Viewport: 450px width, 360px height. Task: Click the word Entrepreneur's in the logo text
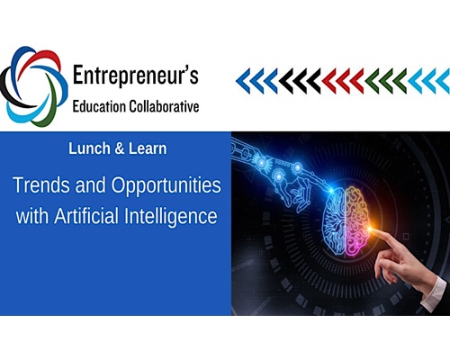pos(136,76)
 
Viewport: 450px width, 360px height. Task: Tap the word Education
pos(99,107)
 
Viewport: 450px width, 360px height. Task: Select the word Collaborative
pos(164,107)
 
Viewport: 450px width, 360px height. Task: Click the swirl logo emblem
pos(33,86)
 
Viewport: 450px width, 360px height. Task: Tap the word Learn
pos(148,148)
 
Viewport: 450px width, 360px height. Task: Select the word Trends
pos(42,184)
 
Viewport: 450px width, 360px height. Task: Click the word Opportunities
pos(166,186)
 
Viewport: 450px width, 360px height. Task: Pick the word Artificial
pos(86,216)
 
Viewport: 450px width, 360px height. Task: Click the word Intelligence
pos(171,217)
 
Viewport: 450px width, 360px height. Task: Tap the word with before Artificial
pos(32,216)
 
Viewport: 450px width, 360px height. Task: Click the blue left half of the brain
pos(335,221)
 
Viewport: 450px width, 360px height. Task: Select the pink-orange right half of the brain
pos(358,221)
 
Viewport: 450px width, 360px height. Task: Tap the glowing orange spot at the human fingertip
pos(372,229)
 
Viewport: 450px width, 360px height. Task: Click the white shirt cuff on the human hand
pos(434,294)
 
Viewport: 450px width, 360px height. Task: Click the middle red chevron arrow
pos(343,81)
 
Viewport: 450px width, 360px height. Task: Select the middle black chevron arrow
pos(300,81)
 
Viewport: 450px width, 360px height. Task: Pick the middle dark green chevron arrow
pos(386,81)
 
